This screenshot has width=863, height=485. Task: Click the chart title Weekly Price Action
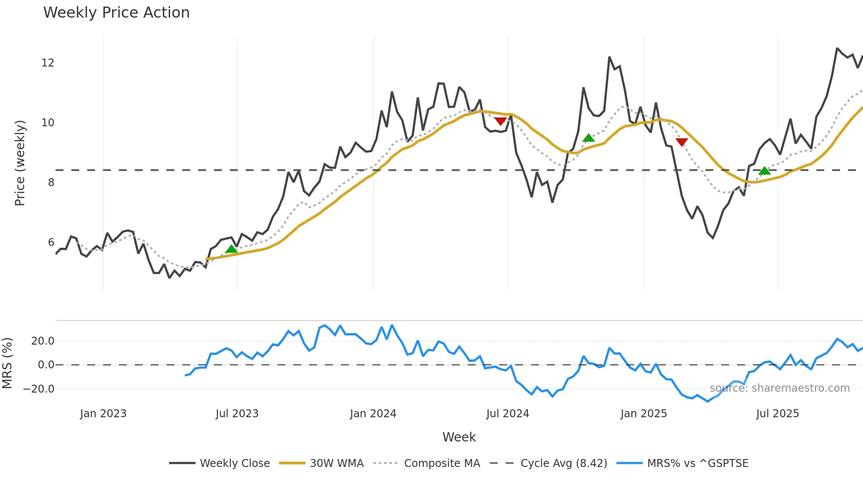116,13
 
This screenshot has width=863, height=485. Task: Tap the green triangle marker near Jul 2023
231,250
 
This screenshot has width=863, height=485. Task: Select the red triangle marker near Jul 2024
500,121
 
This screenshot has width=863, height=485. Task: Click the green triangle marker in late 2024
588,138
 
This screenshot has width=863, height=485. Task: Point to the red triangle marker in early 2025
682,142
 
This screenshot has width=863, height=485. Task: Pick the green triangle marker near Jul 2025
765,171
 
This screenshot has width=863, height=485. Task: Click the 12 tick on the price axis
48,63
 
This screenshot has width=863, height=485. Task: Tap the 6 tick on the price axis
51,242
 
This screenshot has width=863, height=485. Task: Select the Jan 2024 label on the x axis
373,414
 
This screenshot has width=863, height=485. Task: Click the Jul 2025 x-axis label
777,414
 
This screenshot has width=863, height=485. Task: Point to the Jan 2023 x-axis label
103,414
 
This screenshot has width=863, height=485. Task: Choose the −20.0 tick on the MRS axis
39,389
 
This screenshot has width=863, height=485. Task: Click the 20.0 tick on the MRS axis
43,341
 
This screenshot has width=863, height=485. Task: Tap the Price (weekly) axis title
20,163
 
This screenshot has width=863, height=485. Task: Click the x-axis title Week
459,437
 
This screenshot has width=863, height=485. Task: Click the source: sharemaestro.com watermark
779,388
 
